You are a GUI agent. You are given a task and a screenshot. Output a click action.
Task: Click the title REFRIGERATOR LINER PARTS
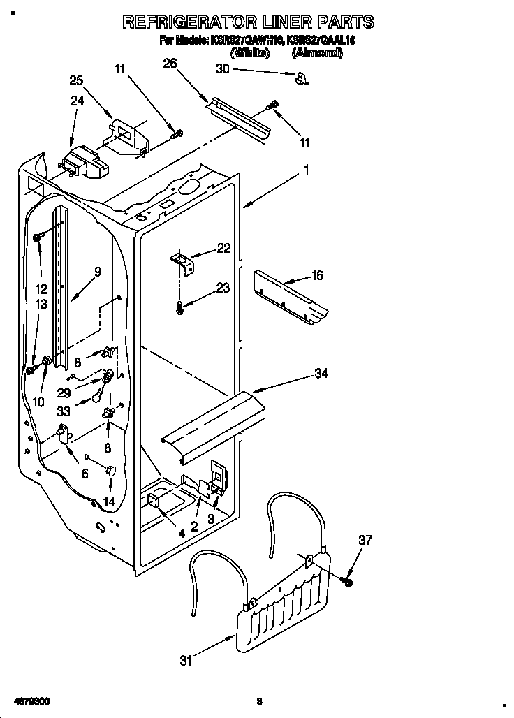tap(248, 22)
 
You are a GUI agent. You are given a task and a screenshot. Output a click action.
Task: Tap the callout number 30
tap(222, 68)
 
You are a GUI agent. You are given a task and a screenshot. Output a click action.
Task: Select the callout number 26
tap(170, 64)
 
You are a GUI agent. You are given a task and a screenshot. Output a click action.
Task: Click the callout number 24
tap(77, 101)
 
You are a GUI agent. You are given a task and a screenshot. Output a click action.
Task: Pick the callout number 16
tap(316, 276)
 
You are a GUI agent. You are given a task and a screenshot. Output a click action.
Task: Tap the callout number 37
tap(365, 540)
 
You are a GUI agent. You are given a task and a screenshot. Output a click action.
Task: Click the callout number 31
tap(185, 661)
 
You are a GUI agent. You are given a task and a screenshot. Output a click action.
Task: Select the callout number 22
tap(223, 247)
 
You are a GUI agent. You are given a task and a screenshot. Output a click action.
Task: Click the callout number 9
tap(98, 272)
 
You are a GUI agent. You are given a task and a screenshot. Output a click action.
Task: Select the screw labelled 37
tap(347, 579)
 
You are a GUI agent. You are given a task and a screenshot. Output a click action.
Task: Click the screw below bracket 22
tap(180, 306)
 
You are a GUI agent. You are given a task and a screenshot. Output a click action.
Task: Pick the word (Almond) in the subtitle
tap(316, 52)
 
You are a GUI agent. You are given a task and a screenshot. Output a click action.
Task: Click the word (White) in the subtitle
tap(249, 52)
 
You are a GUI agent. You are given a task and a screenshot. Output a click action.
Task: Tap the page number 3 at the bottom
tap(258, 701)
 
